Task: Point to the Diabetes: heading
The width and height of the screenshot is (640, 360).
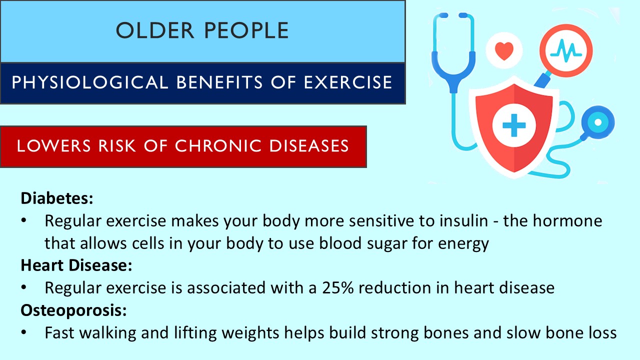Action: tap(57, 198)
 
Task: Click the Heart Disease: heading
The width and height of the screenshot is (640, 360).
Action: tap(76, 266)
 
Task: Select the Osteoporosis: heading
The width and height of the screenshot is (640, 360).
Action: tap(73, 310)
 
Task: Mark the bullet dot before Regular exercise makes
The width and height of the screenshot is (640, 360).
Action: tap(24, 221)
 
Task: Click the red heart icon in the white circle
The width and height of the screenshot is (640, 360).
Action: tap(504, 50)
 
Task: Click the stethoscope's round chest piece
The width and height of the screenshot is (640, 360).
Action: tap(597, 122)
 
